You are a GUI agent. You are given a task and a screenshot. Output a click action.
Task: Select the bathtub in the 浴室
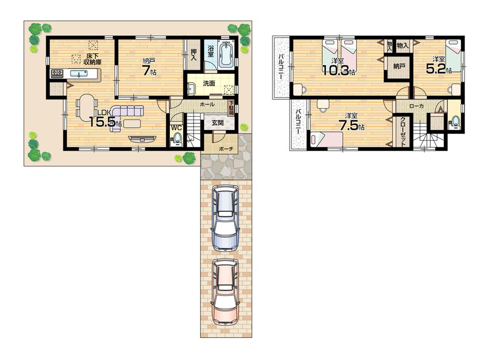pyautogui.click(x=226, y=56)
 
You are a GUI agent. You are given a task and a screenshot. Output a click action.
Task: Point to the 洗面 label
pyautogui.click(x=209, y=83)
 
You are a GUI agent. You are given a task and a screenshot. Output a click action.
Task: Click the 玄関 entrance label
pyautogui.click(x=218, y=122)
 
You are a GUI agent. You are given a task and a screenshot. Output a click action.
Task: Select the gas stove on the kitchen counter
pyautogui.click(x=56, y=74)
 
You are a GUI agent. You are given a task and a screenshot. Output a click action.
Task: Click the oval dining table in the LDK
pyautogui.click(x=87, y=106)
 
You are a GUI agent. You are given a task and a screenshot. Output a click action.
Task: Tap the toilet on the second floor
pyautogui.click(x=455, y=121)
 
